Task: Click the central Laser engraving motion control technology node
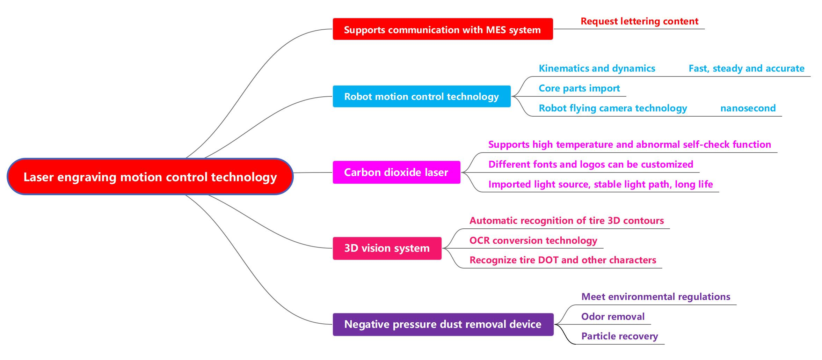point(150,177)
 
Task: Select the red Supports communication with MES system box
point(442,29)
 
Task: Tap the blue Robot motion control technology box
point(421,96)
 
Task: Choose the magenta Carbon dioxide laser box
point(396,172)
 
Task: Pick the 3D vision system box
point(387,248)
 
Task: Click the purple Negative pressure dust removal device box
point(443,324)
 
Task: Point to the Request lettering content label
point(639,21)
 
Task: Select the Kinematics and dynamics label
point(597,68)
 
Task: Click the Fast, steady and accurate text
point(746,68)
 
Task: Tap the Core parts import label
point(579,88)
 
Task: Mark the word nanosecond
point(748,108)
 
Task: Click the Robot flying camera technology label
point(613,108)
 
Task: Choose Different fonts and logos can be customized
point(590,164)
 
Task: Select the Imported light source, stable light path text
point(600,184)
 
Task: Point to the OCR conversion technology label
point(533,241)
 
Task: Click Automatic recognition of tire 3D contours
point(566,221)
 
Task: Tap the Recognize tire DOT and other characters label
point(562,260)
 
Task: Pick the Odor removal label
point(613,317)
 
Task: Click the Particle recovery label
point(619,336)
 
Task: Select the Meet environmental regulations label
point(655,297)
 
